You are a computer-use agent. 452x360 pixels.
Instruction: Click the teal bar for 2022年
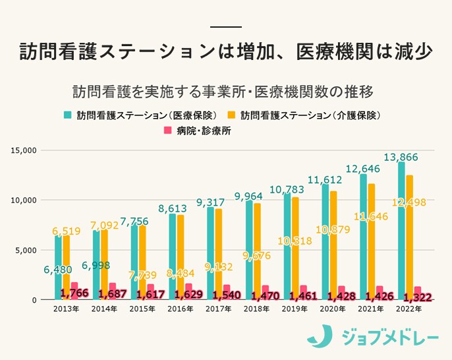pos(401,230)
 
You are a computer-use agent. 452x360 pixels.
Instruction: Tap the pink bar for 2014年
pos(113,291)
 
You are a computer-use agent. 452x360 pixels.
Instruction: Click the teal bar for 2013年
pos(58,268)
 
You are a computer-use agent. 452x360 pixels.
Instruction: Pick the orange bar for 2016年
pos(181,257)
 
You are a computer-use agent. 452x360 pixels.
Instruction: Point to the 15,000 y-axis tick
pos(24,150)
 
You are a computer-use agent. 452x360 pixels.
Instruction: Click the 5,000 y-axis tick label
pos(26,250)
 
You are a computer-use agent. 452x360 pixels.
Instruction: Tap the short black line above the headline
pos(225,27)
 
